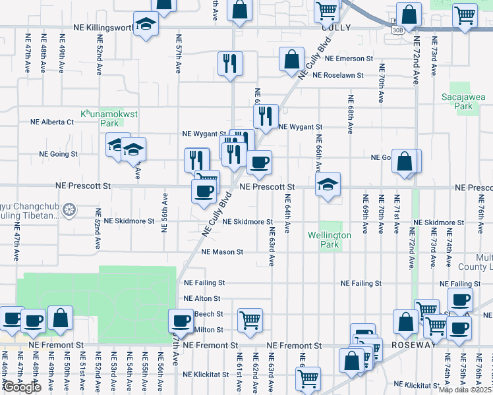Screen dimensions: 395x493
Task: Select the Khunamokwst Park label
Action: [x=109, y=118]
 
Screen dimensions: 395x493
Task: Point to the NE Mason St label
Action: [x=222, y=252]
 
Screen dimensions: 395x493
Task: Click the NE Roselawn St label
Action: [x=338, y=76]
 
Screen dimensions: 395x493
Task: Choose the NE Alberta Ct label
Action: [x=52, y=122]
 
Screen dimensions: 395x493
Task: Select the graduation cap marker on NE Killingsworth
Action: [x=145, y=24]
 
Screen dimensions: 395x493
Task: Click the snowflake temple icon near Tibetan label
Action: [x=69, y=211]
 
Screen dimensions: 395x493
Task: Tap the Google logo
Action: [x=21, y=387]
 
